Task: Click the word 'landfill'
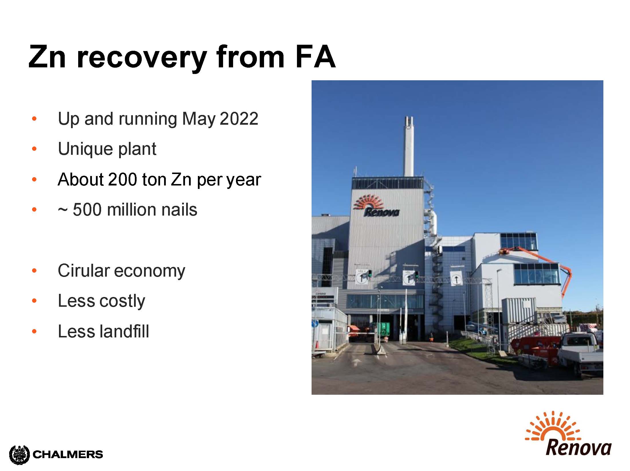124,331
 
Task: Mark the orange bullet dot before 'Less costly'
34,301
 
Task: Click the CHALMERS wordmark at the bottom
68,454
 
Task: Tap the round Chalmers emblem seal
19,455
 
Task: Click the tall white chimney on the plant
409,146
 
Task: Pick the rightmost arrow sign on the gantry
456,278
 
